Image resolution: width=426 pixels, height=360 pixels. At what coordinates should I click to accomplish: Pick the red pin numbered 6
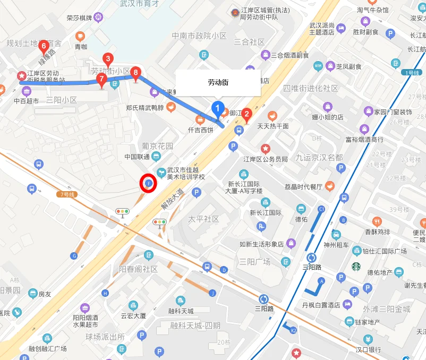coord(44,47)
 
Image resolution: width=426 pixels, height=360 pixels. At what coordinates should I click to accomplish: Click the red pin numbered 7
coord(101,80)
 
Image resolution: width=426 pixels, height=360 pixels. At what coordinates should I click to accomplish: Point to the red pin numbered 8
coord(136,73)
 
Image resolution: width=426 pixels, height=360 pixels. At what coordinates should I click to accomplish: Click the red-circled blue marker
coord(148,183)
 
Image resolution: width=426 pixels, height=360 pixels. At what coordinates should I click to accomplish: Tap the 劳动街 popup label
coord(218,83)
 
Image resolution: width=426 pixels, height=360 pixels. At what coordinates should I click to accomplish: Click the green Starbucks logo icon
coord(355,267)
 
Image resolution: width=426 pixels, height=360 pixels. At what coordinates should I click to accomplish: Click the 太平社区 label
coord(204,219)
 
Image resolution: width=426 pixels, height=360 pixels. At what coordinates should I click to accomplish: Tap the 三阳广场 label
coord(255,261)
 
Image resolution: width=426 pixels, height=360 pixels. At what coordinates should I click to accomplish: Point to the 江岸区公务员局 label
coord(266,159)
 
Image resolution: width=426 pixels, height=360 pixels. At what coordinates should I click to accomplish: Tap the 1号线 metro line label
coord(412,72)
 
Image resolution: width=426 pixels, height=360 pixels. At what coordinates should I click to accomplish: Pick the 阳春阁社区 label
coord(138,269)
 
